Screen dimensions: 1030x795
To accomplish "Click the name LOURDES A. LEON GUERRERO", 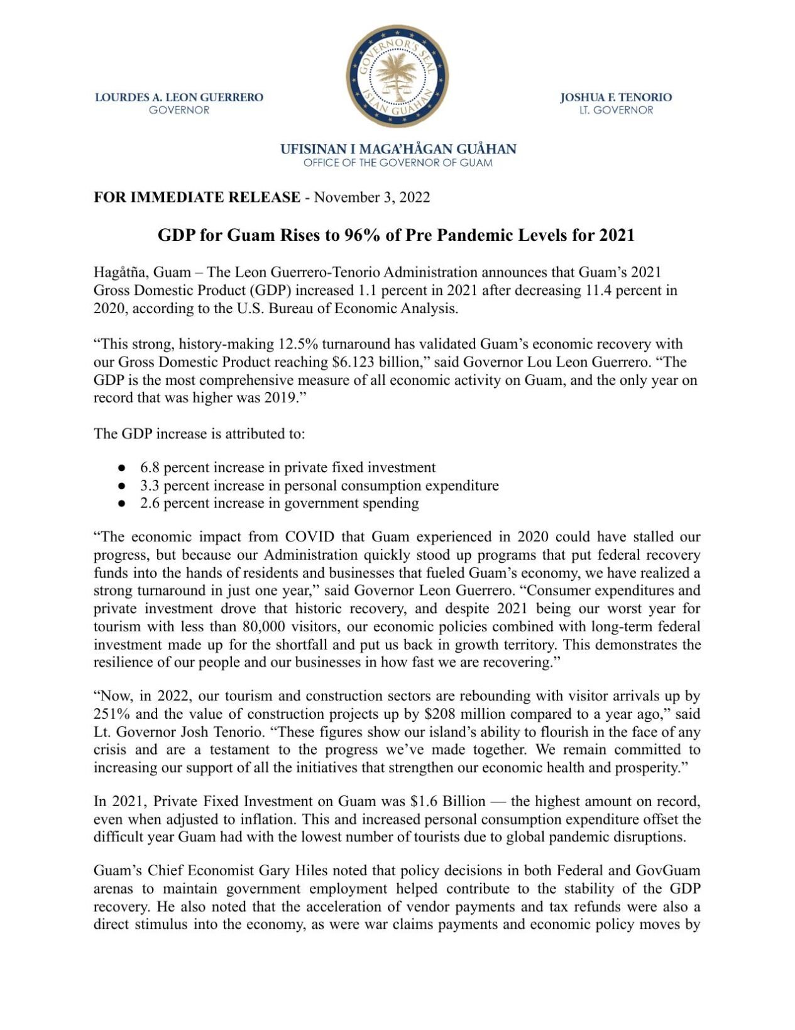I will pyautogui.click(x=179, y=97).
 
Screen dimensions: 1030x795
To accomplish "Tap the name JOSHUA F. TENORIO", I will pyautogui.click(x=615, y=97).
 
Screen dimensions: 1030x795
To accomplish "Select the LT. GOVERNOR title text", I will pyautogui.click(x=616, y=111).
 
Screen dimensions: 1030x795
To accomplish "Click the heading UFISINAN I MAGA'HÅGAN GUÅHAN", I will pyautogui.click(x=398, y=150).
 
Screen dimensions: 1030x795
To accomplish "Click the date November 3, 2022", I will pyautogui.click(x=372, y=197).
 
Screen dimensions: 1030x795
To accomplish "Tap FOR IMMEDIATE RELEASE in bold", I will pyautogui.click(x=197, y=197).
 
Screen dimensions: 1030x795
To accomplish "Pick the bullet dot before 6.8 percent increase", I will pyautogui.click(x=123, y=468).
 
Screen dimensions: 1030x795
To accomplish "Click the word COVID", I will pyautogui.click(x=310, y=538).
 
